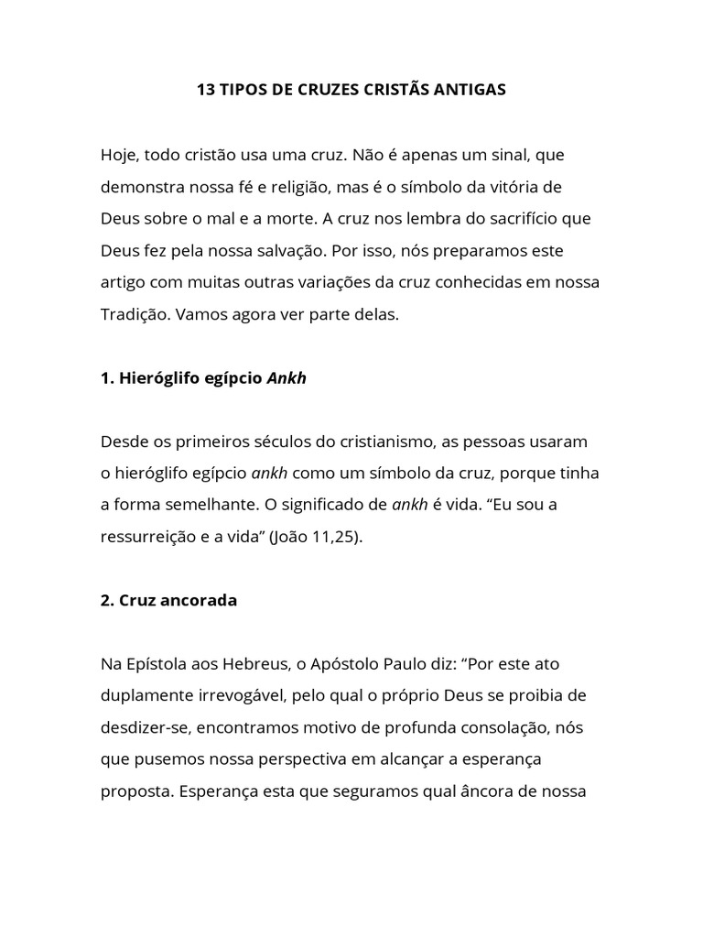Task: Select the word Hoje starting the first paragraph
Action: tap(118, 156)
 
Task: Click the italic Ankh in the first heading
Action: tap(287, 377)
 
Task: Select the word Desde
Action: tap(122, 442)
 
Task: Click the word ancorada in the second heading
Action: tap(196, 600)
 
